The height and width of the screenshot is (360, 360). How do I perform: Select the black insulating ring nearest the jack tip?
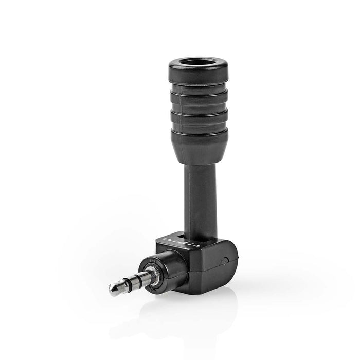click(123, 286)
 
